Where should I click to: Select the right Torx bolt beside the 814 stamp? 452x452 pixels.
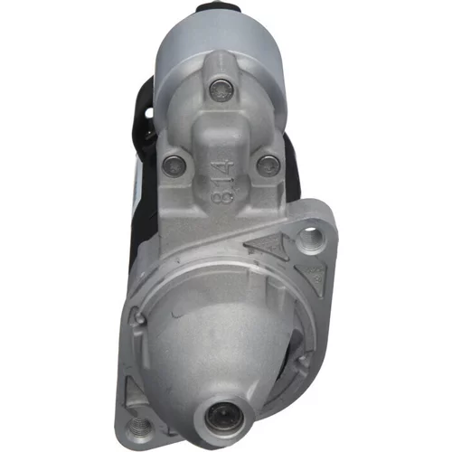point(268,165)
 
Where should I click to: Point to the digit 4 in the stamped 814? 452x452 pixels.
point(225,168)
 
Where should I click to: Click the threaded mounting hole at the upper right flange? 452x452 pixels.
point(311,240)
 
